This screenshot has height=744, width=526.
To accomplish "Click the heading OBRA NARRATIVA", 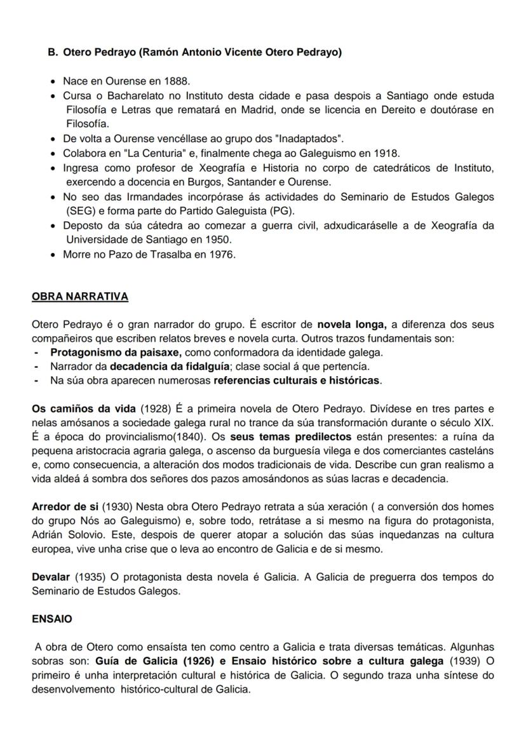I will click(x=79, y=297).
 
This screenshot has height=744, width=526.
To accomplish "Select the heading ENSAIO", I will click(x=52, y=619).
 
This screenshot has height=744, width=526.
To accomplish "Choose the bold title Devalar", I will click(x=51, y=578).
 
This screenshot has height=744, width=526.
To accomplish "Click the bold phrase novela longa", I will click(x=351, y=325).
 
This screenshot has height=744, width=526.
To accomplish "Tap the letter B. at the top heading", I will click(x=53, y=53).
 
